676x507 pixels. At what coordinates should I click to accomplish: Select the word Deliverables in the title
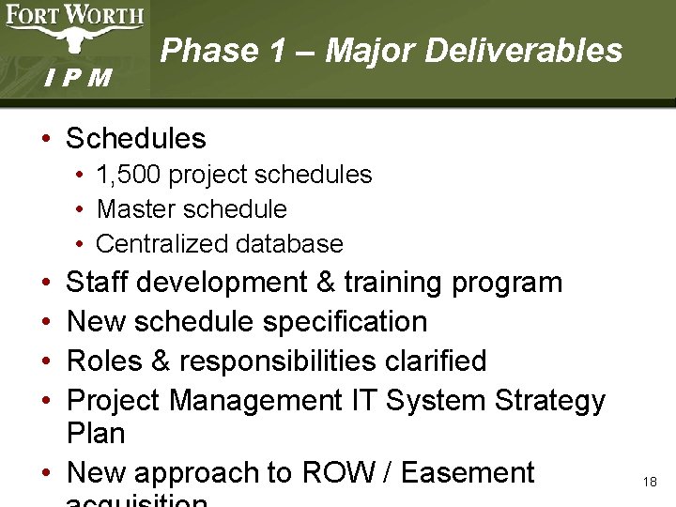click(523, 50)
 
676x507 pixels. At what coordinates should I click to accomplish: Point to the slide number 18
click(650, 482)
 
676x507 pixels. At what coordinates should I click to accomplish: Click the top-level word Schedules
click(135, 139)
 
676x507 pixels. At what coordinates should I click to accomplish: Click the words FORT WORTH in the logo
click(75, 15)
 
